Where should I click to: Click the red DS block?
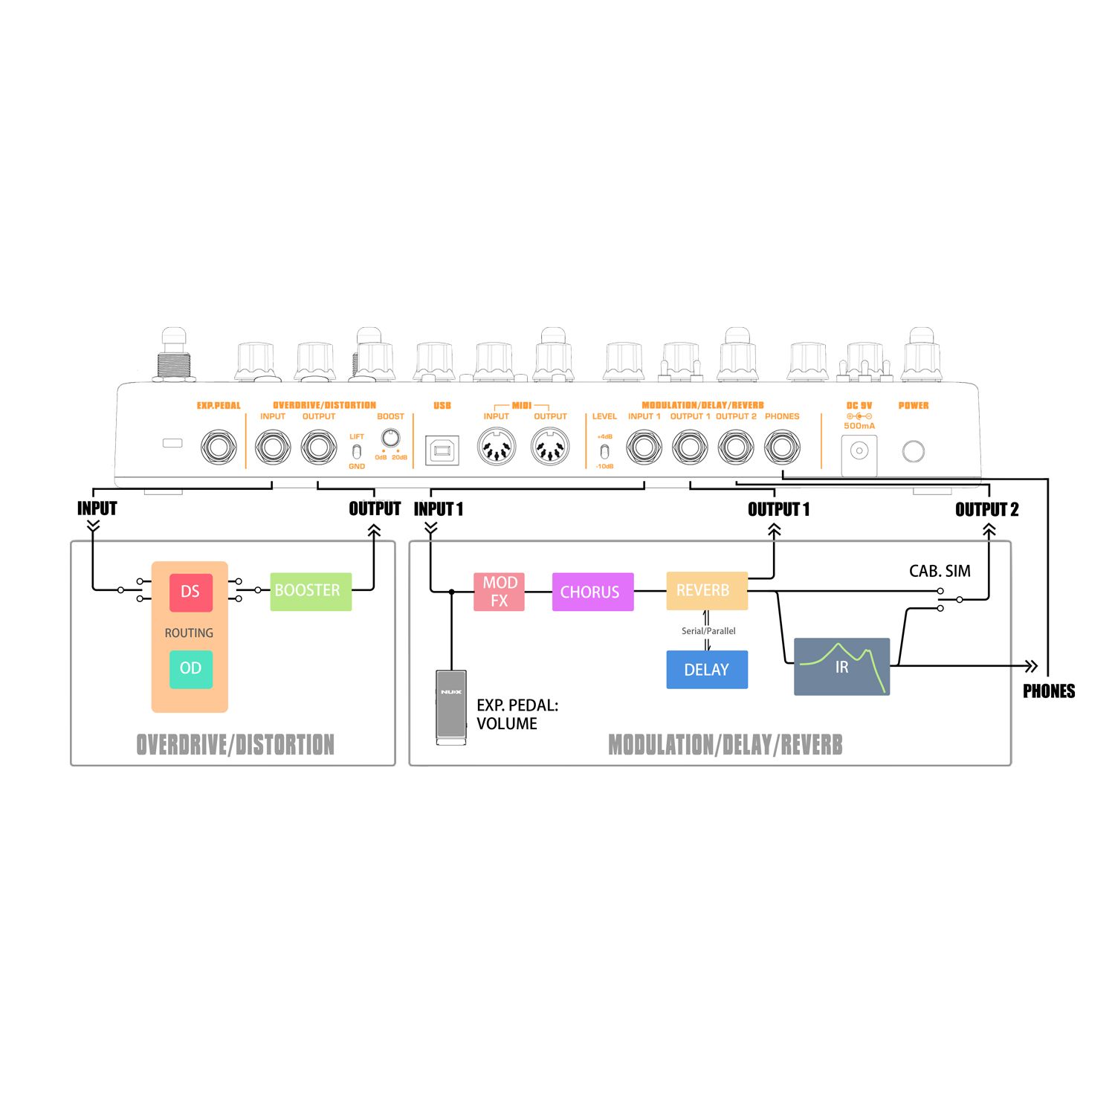(190, 592)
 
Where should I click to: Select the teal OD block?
(190, 668)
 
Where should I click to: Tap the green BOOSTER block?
(310, 591)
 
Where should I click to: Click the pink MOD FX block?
(499, 592)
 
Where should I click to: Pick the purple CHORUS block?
(592, 592)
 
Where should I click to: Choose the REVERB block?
(706, 591)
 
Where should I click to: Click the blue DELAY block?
(706, 669)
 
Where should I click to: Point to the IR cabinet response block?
(841, 666)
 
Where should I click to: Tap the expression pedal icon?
(451, 706)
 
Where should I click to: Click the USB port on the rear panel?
(442, 450)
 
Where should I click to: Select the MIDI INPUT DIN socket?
(496, 448)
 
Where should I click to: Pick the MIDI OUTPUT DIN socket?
(550, 448)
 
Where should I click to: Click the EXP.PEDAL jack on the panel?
(219, 447)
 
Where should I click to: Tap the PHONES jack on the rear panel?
(782, 448)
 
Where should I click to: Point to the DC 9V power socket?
(859, 451)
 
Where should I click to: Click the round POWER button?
(913, 450)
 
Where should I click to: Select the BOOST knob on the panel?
(390, 437)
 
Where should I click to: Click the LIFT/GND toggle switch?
(357, 451)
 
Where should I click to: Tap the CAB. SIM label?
(940, 571)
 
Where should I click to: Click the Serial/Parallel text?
(708, 631)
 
